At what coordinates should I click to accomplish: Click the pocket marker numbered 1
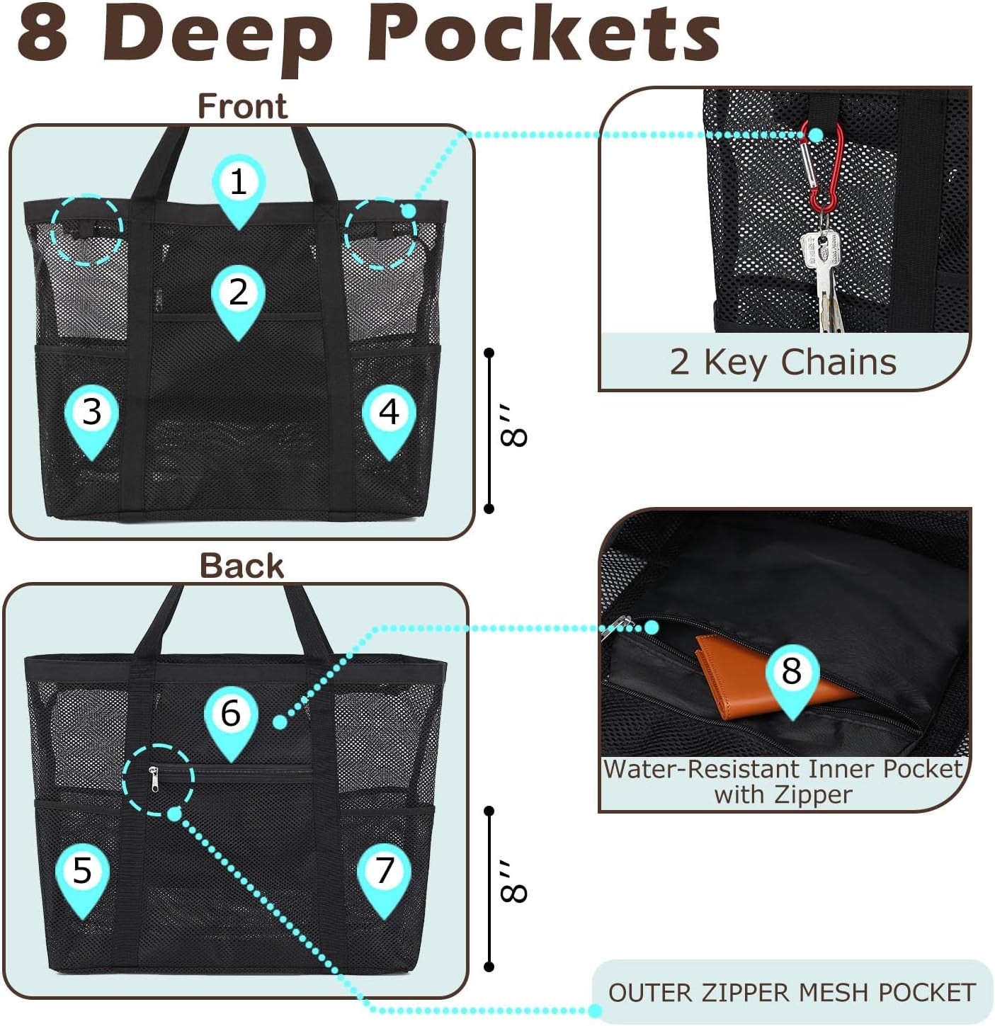tap(239, 190)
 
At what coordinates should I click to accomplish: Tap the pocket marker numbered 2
tap(238, 300)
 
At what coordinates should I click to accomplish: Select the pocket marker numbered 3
tap(92, 420)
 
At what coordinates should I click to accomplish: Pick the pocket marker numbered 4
tap(389, 420)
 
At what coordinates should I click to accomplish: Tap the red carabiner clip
tap(822, 166)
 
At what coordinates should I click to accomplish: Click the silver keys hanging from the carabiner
tap(824, 274)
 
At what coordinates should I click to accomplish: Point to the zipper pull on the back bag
tap(154, 779)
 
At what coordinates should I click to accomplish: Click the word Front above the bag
tap(243, 106)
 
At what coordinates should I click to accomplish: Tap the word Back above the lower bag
tap(242, 566)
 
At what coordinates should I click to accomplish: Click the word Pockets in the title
tap(543, 36)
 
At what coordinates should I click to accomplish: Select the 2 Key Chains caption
tap(783, 363)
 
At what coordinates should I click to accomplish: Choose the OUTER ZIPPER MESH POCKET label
tap(792, 992)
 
